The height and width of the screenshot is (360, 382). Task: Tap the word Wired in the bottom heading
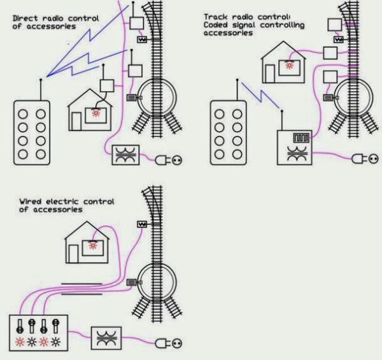(x=31, y=201)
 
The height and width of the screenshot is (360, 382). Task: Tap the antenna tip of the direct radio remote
(x=41, y=80)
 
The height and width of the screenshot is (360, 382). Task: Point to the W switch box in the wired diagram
(x=142, y=224)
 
